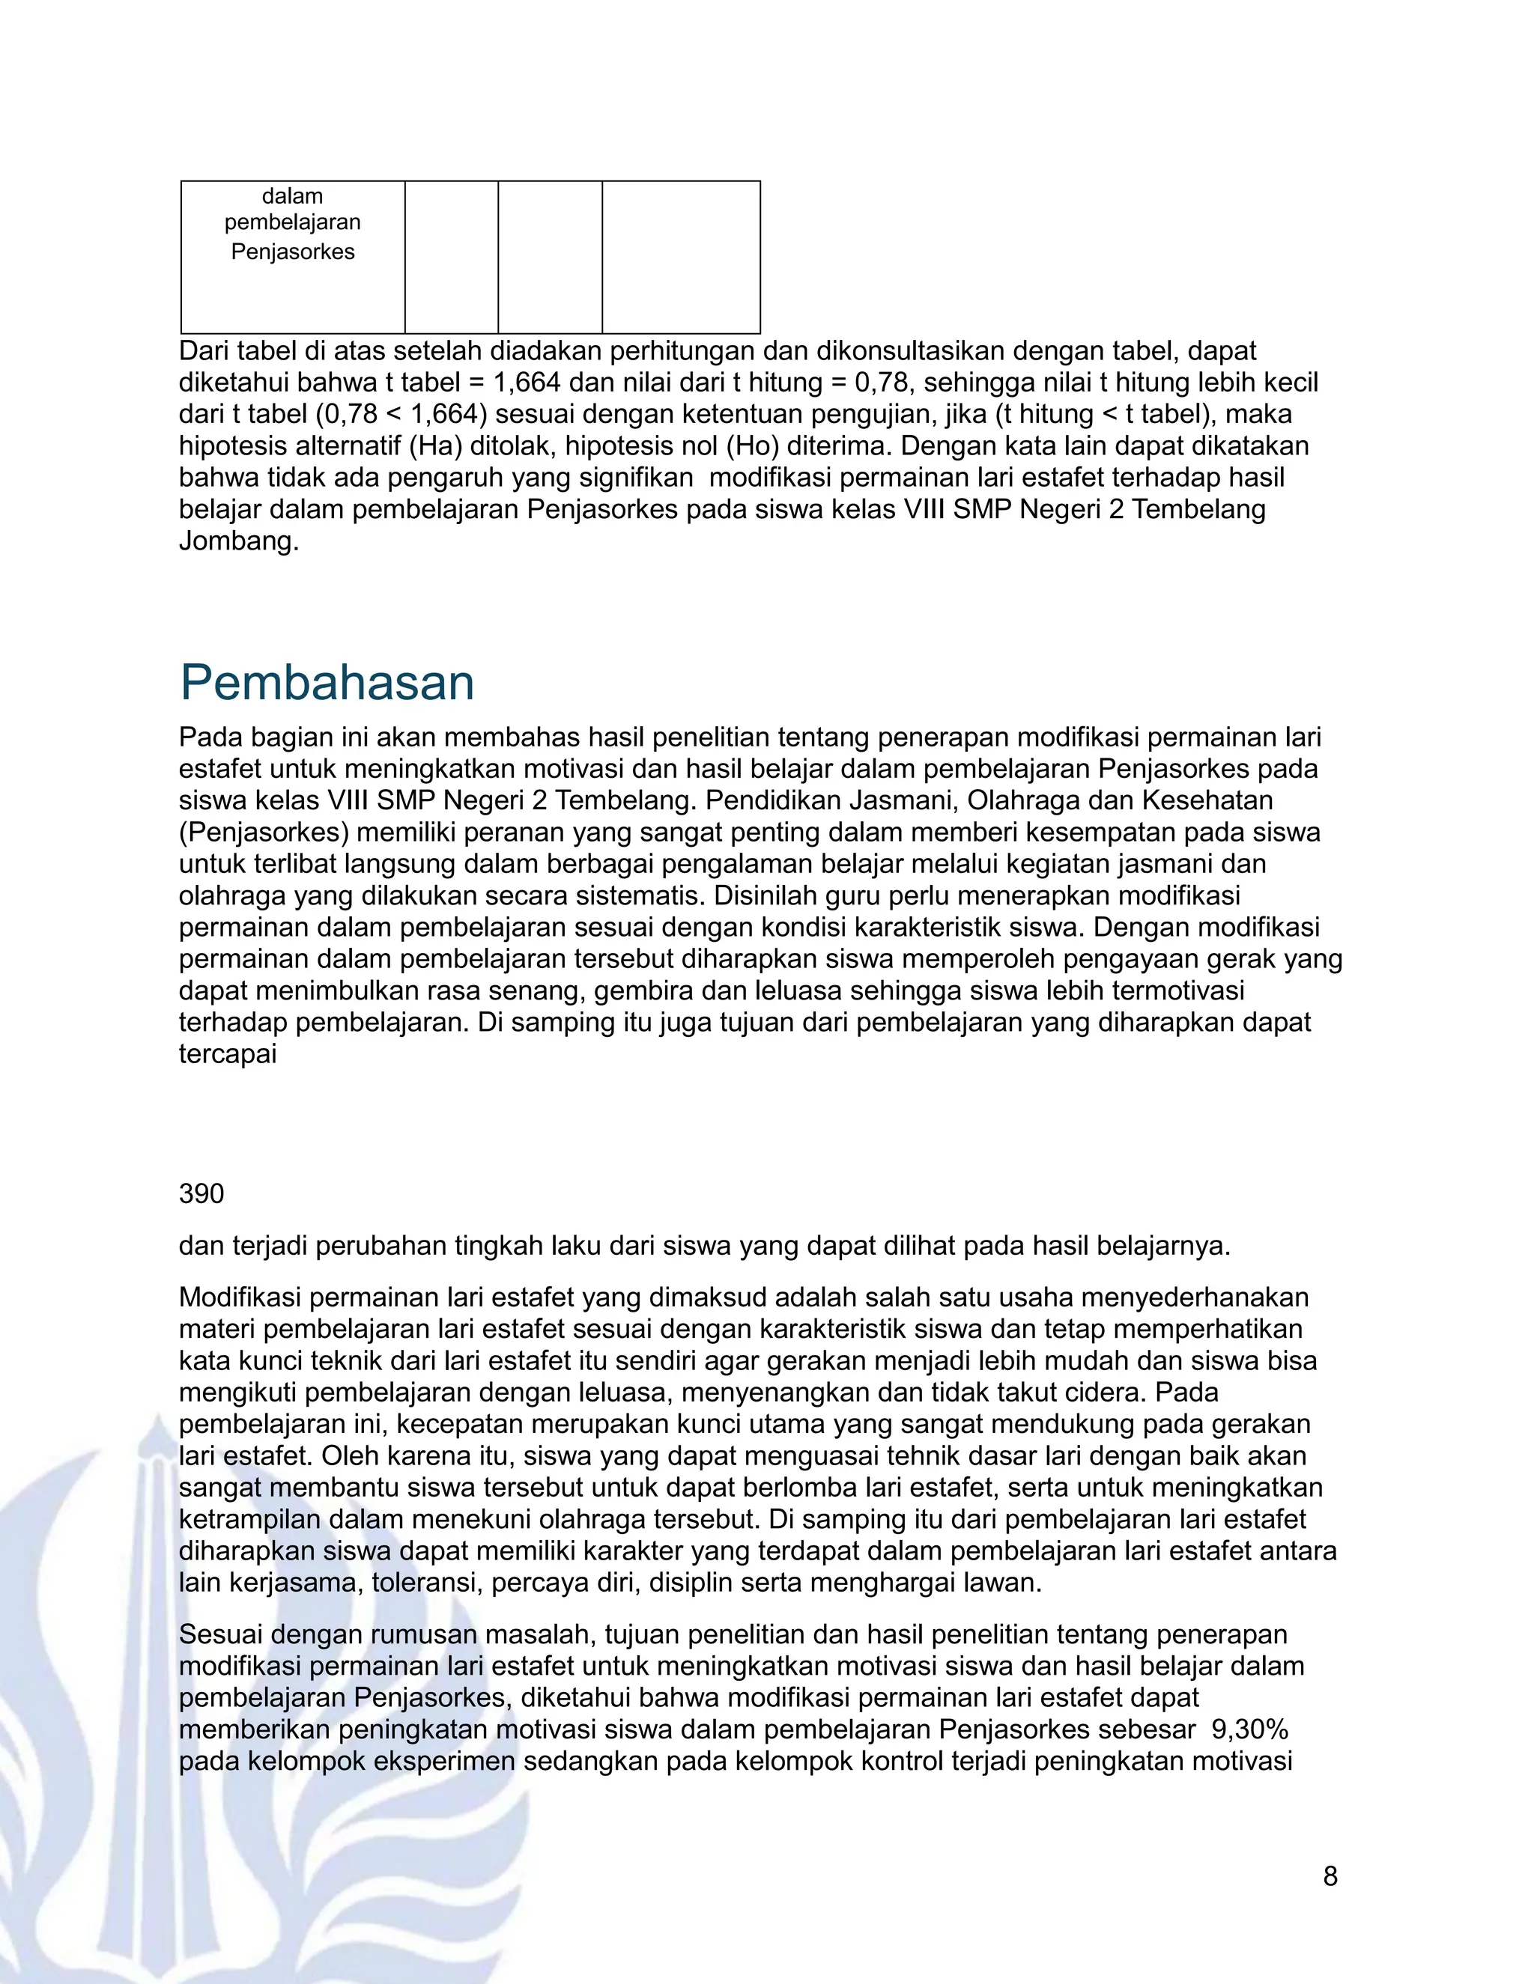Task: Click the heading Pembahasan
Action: [x=327, y=682]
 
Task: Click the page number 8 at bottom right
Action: [x=1330, y=1876]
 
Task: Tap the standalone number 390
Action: [x=201, y=1193]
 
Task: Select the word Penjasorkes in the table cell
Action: [x=293, y=252]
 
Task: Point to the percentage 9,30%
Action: [x=1249, y=1729]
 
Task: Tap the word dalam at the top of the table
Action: [x=293, y=196]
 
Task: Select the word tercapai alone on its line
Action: [x=227, y=1054]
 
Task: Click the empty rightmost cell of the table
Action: [x=681, y=257]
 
